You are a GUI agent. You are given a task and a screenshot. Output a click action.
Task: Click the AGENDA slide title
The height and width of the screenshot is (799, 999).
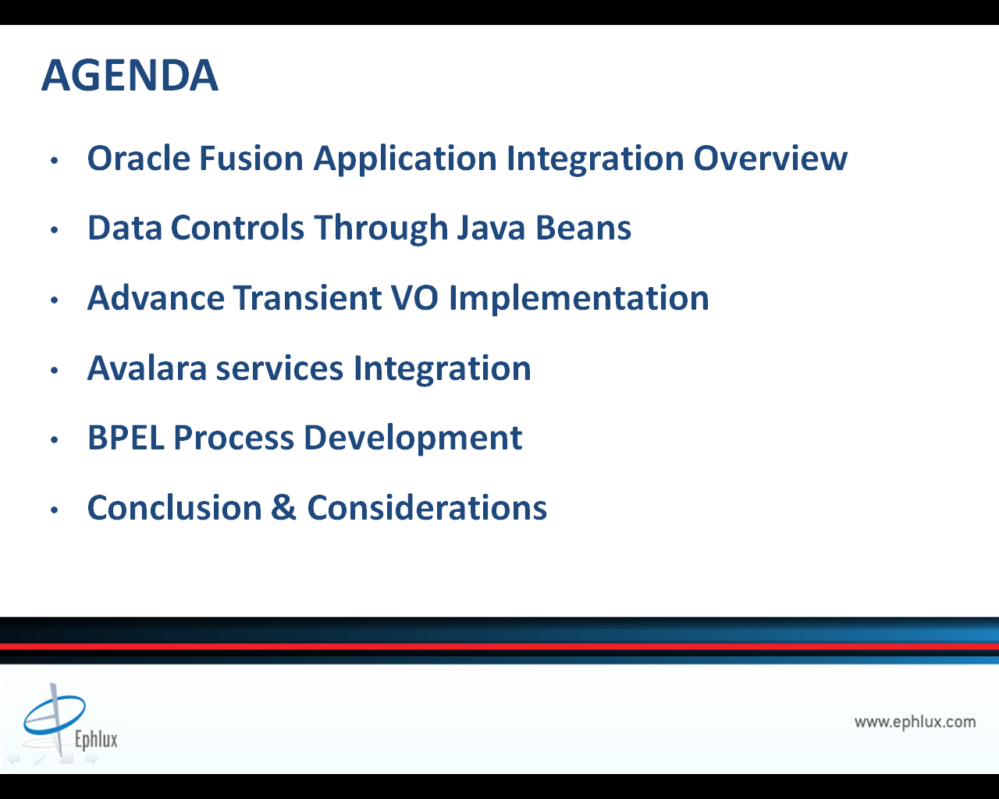tap(130, 75)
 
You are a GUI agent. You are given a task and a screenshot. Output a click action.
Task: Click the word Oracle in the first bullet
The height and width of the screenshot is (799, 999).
tap(139, 158)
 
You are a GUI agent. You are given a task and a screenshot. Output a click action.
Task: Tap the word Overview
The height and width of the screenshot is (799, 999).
tap(770, 158)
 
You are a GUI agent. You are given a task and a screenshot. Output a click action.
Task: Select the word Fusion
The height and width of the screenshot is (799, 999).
tap(251, 158)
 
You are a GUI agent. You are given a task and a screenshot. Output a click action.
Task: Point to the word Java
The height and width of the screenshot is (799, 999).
tap(491, 228)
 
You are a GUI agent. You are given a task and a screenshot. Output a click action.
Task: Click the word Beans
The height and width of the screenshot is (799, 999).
tap(584, 228)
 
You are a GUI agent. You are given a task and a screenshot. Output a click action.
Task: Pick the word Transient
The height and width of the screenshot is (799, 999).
tap(308, 297)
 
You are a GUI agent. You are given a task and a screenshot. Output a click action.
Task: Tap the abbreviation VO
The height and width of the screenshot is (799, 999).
tap(414, 297)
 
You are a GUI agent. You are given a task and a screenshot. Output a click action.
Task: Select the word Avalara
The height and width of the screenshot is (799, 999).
tap(147, 368)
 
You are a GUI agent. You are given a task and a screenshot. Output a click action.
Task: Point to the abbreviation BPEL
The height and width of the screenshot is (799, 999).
tap(126, 437)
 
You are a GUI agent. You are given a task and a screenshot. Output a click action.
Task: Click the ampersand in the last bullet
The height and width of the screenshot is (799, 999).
tap(283, 507)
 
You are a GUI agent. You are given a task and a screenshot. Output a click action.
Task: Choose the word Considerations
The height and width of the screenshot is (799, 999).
tap(427, 507)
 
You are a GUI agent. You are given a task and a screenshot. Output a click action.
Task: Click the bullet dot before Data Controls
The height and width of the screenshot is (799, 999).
tap(55, 229)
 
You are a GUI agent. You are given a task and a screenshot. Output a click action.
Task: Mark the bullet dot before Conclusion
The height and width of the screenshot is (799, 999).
tap(55, 510)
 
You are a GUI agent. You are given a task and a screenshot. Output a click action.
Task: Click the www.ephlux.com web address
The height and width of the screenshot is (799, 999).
tap(915, 722)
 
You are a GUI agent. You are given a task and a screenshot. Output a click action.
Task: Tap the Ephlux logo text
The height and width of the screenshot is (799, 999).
tap(96, 739)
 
